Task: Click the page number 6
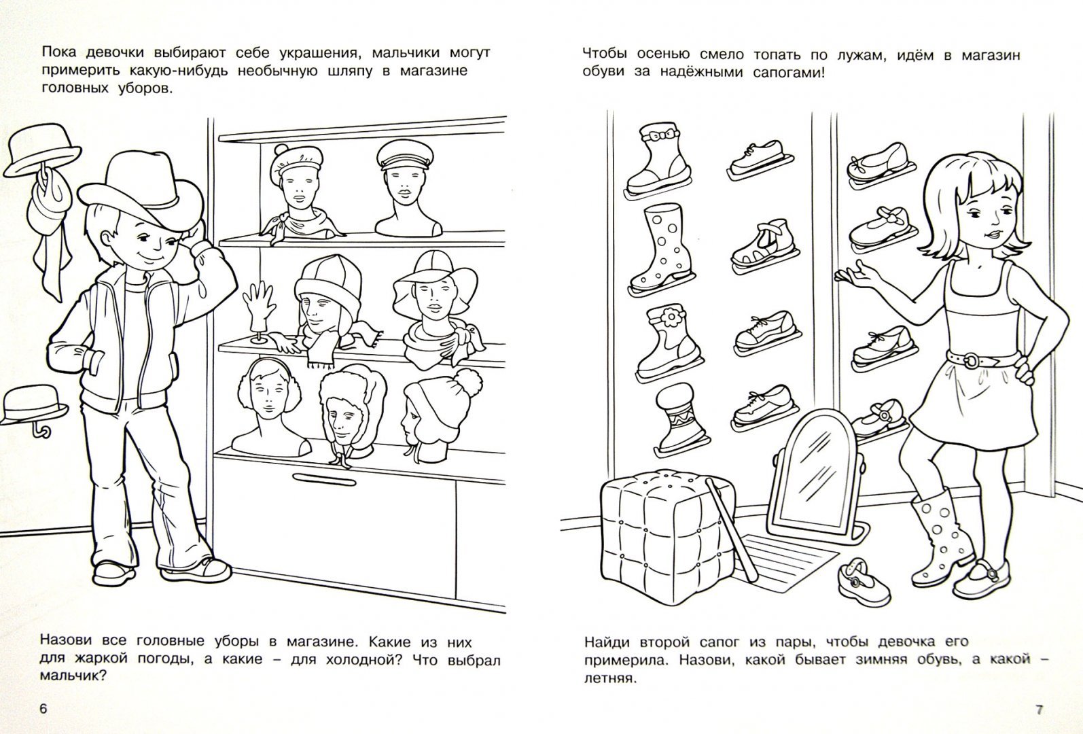click(x=43, y=709)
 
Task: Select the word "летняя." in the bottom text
click(x=609, y=678)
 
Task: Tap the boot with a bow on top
click(x=658, y=159)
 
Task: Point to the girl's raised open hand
click(x=857, y=277)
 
